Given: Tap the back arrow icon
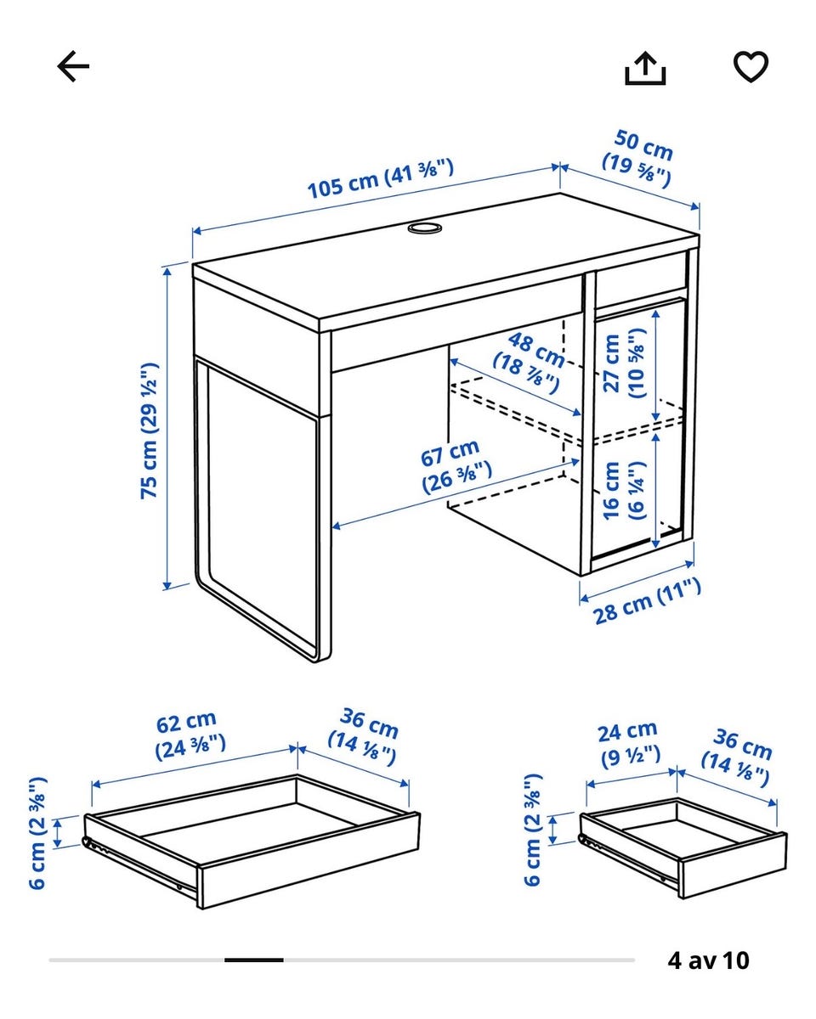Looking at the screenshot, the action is coord(73,66).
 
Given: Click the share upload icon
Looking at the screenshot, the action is coord(645,68).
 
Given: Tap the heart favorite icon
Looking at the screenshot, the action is coord(751,66).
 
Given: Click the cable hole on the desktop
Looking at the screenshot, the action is coord(424,228).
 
